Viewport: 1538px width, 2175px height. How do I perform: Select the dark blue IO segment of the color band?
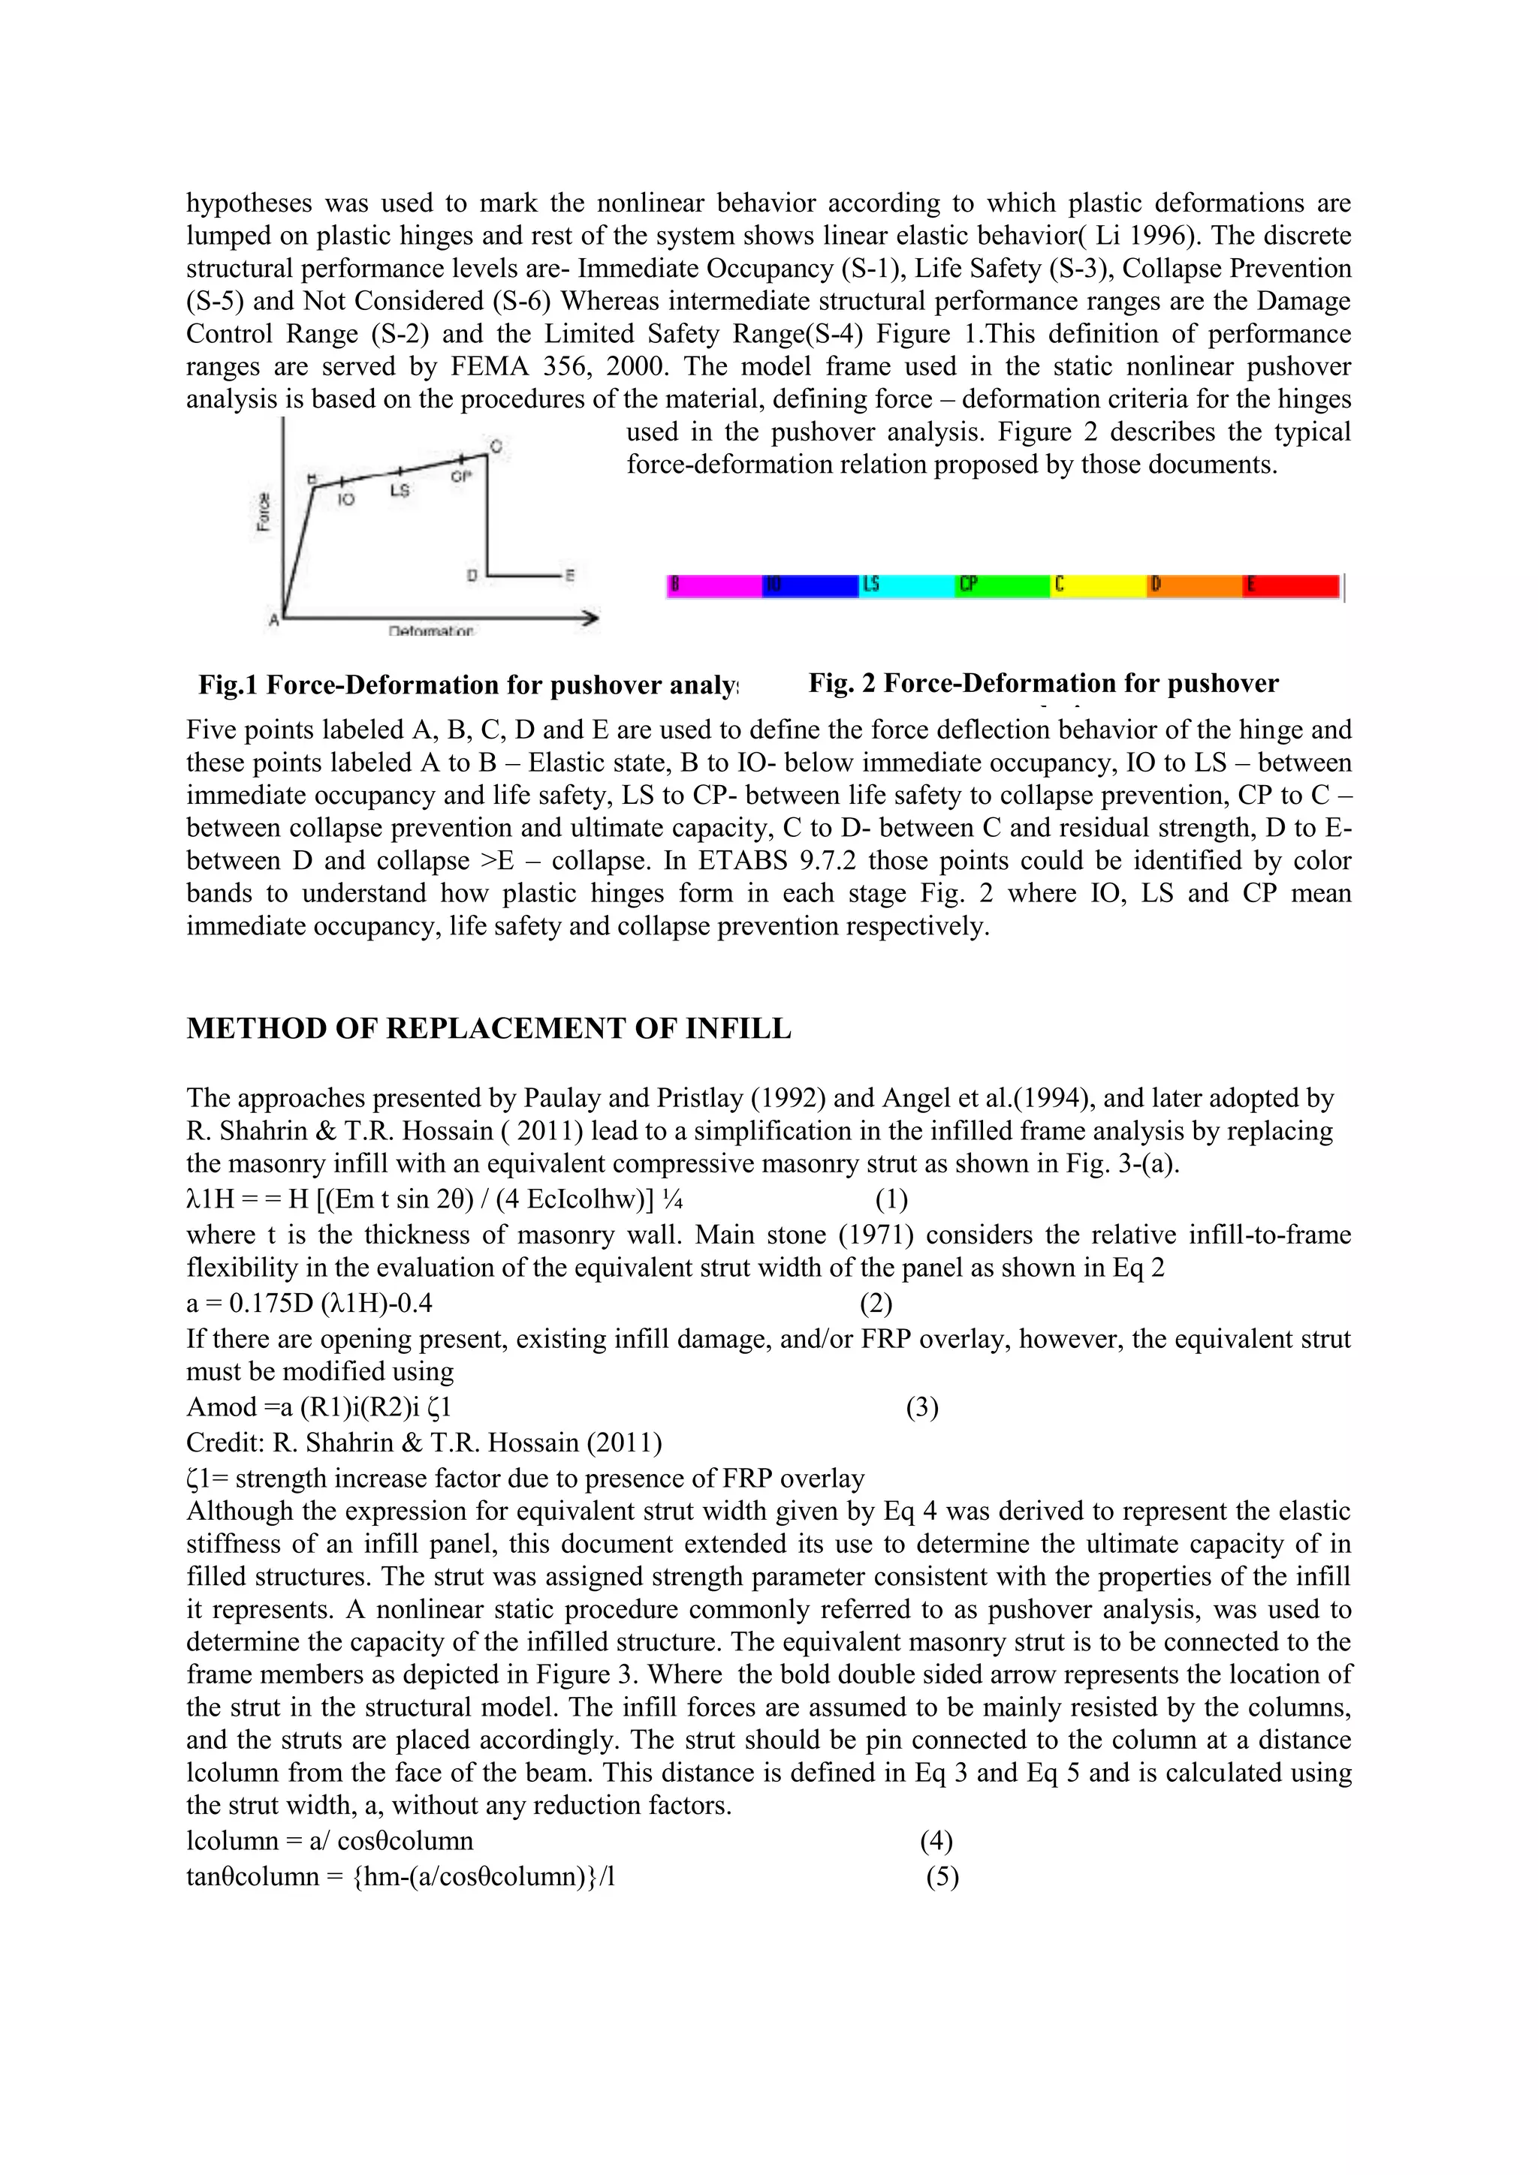tap(810, 586)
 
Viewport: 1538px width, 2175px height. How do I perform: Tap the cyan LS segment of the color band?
tap(907, 586)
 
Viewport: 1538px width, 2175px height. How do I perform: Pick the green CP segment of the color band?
tap(1003, 586)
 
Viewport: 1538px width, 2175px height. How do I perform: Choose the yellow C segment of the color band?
tap(1099, 586)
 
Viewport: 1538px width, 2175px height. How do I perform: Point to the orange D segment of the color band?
tap(1195, 586)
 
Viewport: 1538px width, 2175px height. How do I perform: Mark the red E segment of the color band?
tap(1292, 586)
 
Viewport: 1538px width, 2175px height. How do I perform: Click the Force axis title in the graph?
tap(264, 512)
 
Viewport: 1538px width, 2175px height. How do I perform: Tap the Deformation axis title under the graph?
tap(431, 631)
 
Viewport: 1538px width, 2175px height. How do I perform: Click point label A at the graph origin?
tap(274, 621)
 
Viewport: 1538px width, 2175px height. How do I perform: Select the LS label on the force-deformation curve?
tap(400, 491)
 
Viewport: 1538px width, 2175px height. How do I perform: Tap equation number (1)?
tap(891, 1200)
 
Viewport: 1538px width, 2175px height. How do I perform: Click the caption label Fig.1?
tap(228, 685)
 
